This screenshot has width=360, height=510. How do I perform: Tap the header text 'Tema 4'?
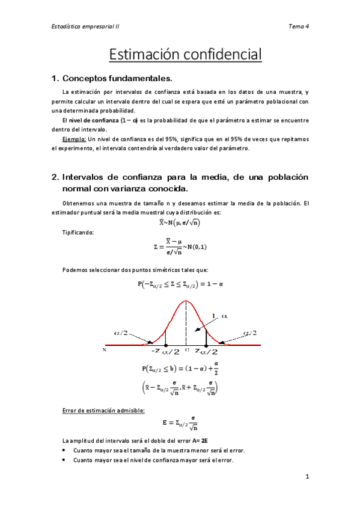click(299, 26)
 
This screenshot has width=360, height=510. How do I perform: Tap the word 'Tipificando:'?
click(78, 232)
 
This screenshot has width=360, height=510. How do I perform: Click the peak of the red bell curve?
click(186, 301)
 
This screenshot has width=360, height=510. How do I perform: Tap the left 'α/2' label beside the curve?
click(121, 333)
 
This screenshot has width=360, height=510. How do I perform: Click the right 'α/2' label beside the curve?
click(250, 333)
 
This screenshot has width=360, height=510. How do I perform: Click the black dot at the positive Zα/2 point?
click(206, 345)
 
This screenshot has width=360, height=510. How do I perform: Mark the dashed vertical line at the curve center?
click(186, 325)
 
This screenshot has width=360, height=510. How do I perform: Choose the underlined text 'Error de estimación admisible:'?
click(103, 411)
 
